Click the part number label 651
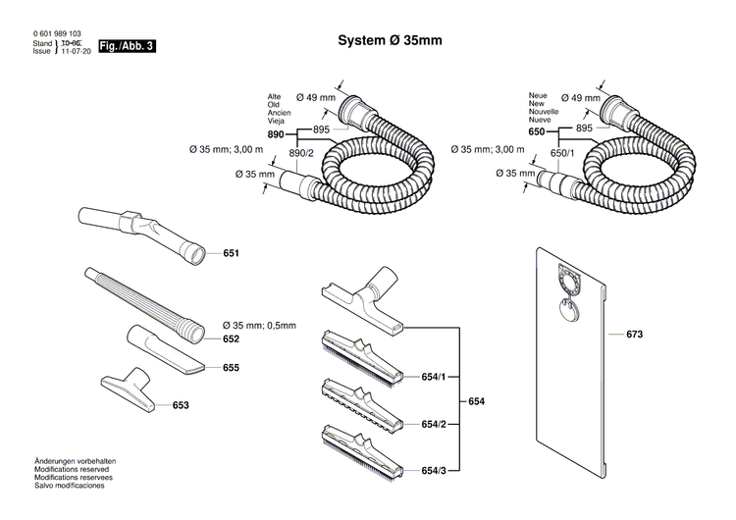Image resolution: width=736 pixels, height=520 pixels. pos(232,253)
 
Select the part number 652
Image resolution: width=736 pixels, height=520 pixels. pos(232,338)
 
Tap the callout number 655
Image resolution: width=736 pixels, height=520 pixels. pos(232,368)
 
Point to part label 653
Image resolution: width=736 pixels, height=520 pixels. pos(181,404)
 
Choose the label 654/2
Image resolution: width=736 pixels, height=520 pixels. pos(434,424)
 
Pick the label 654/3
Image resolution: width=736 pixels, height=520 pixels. pos(434,472)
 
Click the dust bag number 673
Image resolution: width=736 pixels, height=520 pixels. pos(634,335)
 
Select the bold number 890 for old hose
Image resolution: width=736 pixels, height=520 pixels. pos(276,133)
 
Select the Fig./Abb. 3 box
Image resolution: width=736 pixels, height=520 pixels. pos(127,47)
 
